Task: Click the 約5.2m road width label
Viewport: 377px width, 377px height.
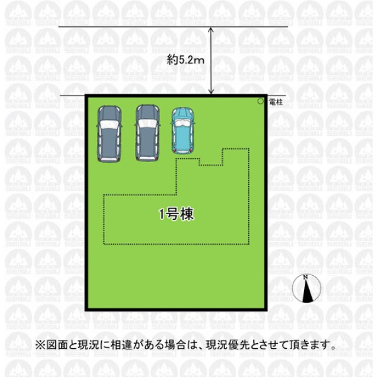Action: (185, 60)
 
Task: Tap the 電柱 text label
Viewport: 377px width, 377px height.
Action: (276, 102)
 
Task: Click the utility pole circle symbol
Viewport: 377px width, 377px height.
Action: (261, 101)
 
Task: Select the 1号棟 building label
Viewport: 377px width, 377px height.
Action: (176, 214)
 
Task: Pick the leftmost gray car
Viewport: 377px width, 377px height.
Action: (109, 134)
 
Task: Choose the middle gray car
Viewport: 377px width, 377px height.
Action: (148, 133)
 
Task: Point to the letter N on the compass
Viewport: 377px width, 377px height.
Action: (305, 277)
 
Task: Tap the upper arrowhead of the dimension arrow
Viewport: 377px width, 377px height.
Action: (211, 30)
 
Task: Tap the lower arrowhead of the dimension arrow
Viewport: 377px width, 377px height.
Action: (211, 92)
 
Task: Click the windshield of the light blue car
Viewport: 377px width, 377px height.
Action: (183, 123)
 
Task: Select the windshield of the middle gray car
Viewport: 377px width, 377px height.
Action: (148, 124)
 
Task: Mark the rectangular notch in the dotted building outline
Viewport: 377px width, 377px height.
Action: (211, 157)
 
